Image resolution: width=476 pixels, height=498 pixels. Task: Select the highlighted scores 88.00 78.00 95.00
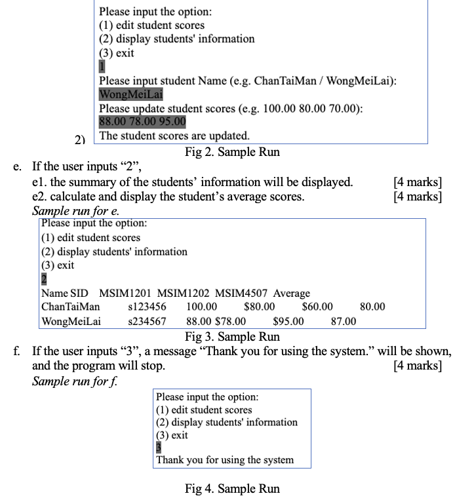(142, 121)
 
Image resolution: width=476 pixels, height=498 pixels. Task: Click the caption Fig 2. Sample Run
(232, 152)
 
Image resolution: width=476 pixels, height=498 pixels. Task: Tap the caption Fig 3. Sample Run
(232, 337)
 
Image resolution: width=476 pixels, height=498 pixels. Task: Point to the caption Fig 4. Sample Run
(232, 489)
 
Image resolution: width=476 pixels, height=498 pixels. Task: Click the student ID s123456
(148, 307)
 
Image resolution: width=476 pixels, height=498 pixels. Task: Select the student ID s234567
(148, 322)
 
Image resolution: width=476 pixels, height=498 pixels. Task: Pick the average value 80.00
(373, 307)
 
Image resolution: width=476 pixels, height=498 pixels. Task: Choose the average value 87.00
(343, 322)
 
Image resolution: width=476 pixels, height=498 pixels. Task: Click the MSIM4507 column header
(241, 293)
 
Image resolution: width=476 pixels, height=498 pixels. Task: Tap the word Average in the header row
(292, 293)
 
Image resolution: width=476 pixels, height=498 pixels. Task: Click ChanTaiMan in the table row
(71, 307)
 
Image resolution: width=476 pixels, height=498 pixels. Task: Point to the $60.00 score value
(317, 307)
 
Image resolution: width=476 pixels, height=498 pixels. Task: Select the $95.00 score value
(288, 322)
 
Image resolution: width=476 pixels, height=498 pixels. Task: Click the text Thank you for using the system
(225, 460)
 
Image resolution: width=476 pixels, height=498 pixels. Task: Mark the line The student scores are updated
(174, 136)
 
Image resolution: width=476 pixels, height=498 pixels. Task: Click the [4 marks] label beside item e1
(416, 182)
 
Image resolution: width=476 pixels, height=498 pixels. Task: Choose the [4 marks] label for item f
(416, 366)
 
